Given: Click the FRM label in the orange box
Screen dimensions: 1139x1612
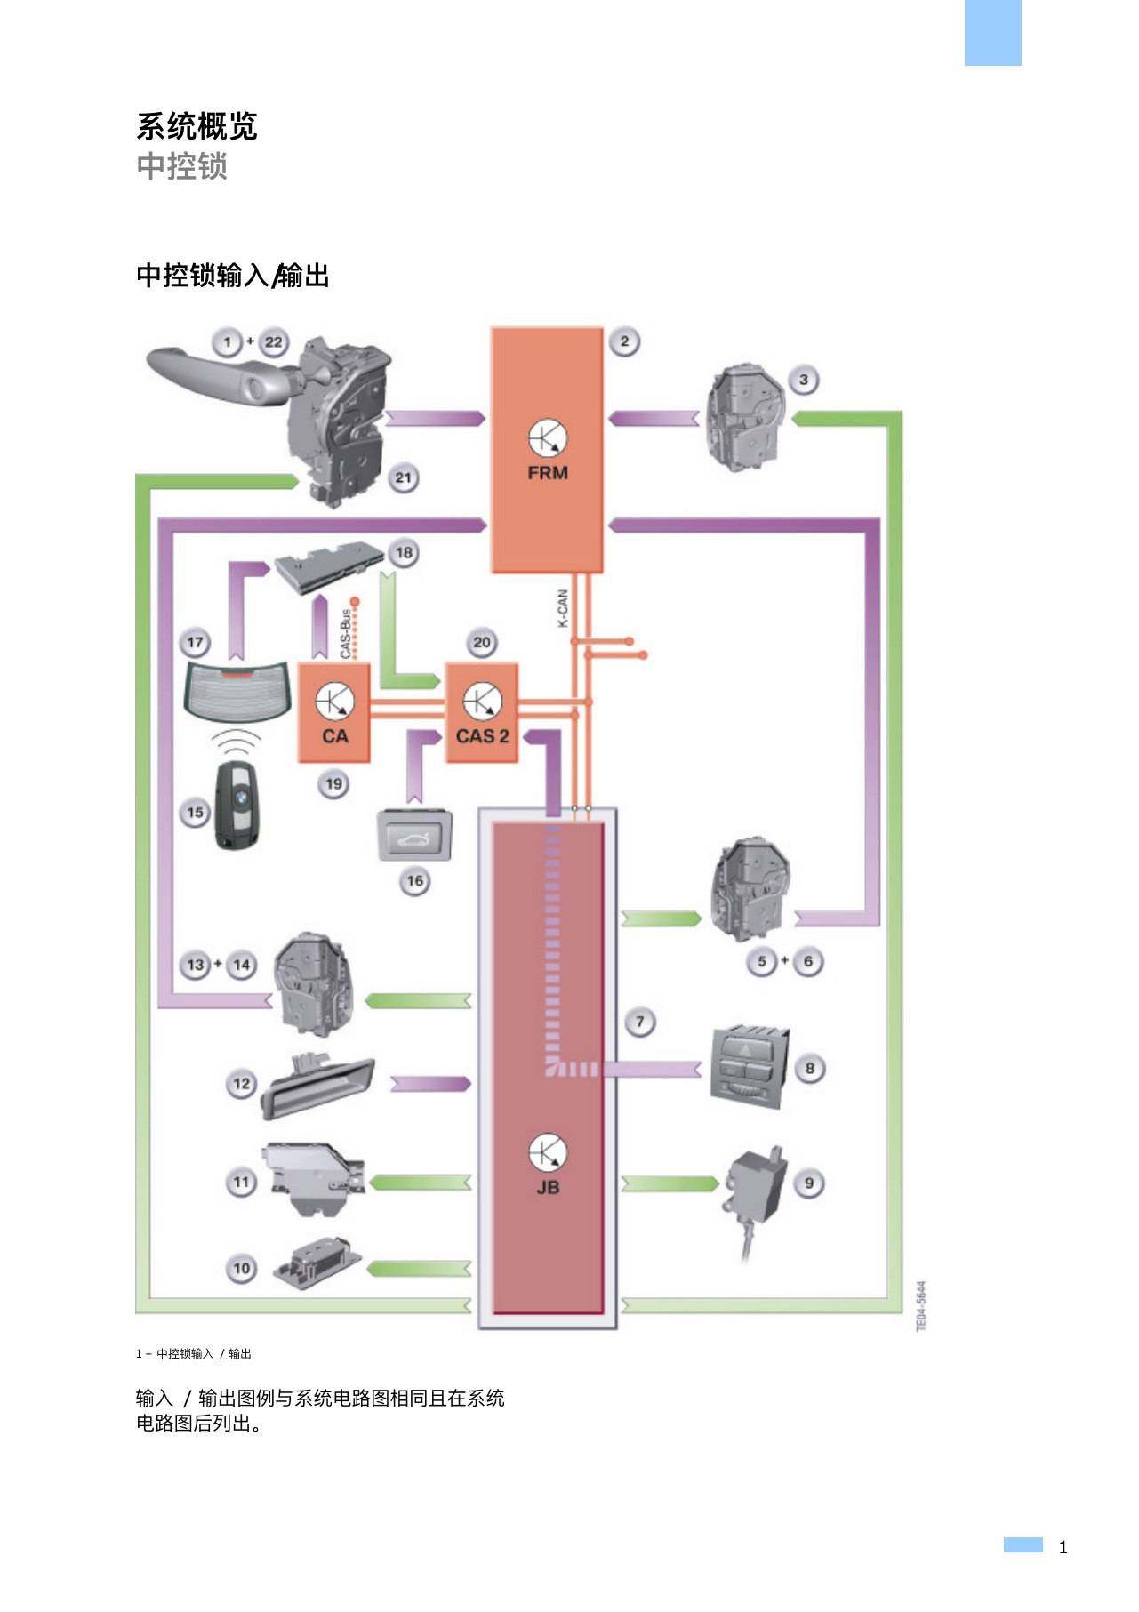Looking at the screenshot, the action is [548, 473].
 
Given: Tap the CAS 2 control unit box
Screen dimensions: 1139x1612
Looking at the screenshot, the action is [481, 712].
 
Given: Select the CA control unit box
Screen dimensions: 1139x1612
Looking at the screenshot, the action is [334, 712].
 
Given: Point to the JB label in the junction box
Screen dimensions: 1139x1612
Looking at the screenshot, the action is [548, 1187].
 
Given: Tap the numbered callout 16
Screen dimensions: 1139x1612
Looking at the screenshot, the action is [414, 881].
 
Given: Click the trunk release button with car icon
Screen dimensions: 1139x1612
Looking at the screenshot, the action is [415, 836].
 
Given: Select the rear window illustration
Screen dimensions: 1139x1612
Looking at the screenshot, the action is [236, 691].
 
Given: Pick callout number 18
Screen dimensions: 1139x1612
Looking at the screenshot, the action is [404, 553].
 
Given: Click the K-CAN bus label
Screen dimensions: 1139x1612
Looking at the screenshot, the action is [563, 609].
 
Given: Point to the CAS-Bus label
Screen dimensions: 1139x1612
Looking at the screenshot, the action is [345, 634].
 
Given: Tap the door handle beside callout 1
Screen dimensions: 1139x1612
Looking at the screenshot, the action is [217, 377].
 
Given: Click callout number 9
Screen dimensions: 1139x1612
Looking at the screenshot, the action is [809, 1183].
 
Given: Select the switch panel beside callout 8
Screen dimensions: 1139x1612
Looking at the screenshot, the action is [749, 1067].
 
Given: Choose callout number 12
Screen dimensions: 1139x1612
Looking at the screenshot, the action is [241, 1084].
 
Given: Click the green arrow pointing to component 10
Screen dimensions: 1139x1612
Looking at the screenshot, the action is [418, 1269].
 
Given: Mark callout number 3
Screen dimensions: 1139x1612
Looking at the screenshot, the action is [804, 381].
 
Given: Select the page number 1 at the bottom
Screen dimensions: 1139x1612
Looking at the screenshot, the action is [1063, 1547].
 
